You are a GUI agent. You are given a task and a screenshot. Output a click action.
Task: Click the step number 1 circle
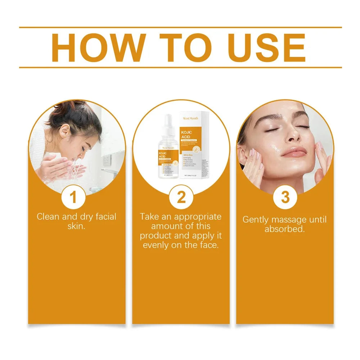pyautogui.click(x=73, y=197)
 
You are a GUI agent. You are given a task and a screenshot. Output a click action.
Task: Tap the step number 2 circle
pyautogui.click(x=181, y=197)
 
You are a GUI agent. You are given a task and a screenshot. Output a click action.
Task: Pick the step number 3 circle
pyautogui.click(x=285, y=197)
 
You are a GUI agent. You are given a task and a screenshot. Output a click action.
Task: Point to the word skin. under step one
pyautogui.click(x=76, y=226)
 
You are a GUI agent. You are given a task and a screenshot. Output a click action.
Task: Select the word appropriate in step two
pyautogui.click(x=198, y=217)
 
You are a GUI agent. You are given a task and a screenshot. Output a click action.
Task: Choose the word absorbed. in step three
pyautogui.click(x=285, y=229)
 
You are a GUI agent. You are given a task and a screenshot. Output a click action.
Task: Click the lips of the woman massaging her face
pyautogui.click(x=293, y=152)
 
